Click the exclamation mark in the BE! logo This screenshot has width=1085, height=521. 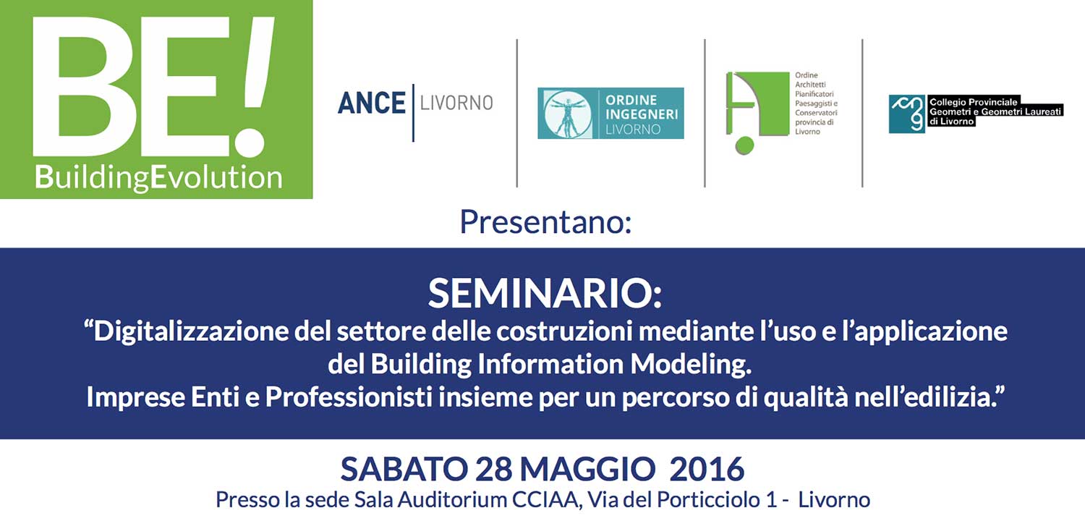click(x=252, y=83)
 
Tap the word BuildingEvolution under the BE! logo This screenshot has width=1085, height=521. click(x=158, y=176)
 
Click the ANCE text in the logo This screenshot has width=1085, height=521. click(x=371, y=103)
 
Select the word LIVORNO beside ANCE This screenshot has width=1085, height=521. click(x=456, y=103)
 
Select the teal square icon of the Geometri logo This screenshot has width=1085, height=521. click(x=906, y=114)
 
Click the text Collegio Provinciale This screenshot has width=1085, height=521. click(x=973, y=102)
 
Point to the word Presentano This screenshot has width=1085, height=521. click(x=545, y=222)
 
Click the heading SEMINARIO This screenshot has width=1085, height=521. click(x=544, y=293)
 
